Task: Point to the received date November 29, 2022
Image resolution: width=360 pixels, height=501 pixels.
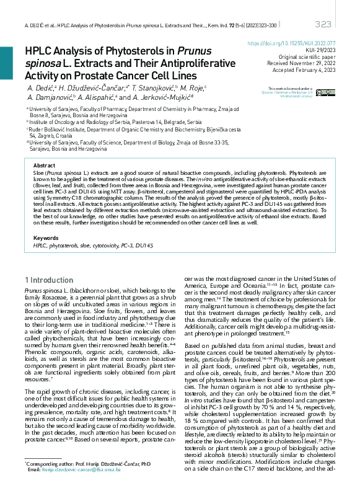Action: (x=316, y=63)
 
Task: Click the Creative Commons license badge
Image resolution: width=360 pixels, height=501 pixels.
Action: (x=324, y=92)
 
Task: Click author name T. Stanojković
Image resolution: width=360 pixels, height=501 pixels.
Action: (x=153, y=89)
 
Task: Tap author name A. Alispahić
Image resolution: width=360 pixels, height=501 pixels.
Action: (x=97, y=98)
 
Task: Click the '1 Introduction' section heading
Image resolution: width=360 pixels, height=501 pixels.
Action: (x=49, y=280)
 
